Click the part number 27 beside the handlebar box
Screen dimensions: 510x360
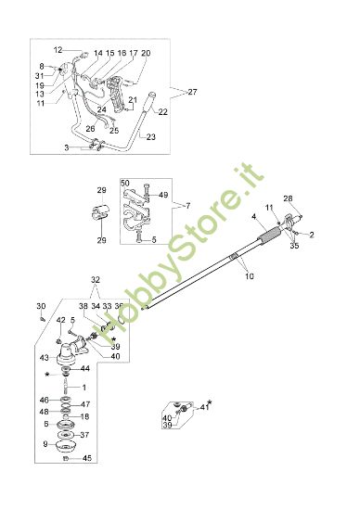[x=193, y=92]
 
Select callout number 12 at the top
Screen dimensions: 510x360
[x=58, y=49]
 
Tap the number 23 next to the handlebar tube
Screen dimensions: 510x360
[x=152, y=136]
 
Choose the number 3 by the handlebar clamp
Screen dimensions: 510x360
[x=66, y=147]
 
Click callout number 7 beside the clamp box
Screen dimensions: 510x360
[x=186, y=204]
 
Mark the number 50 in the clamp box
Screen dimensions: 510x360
[x=125, y=185]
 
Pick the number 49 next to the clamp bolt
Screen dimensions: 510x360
[x=163, y=196]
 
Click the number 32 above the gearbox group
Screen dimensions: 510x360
[x=96, y=279]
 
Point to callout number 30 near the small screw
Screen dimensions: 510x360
[x=40, y=306]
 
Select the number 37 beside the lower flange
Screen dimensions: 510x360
[x=84, y=434]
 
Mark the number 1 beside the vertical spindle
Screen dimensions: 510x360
[x=84, y=388]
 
